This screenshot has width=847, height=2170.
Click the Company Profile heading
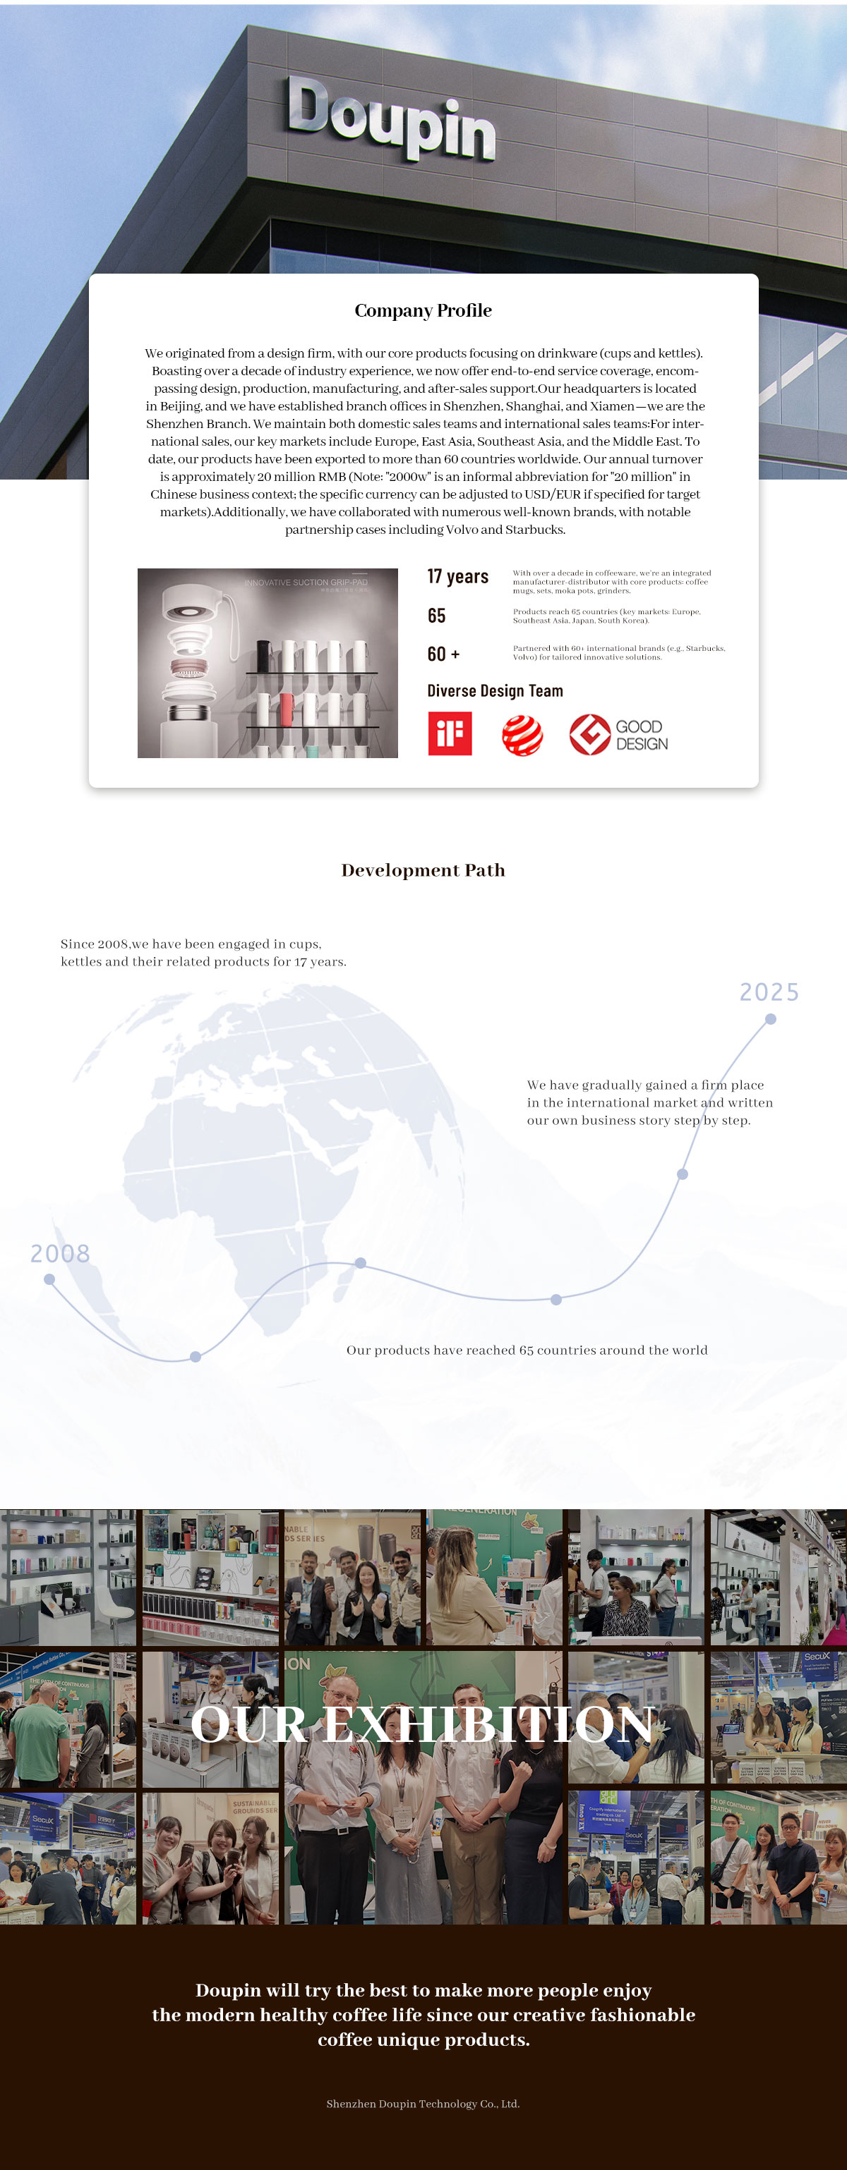click(x=423, y=311)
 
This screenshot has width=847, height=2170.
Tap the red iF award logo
click(x=449, y=733)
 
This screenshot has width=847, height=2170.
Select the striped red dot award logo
click(x=522, y=736)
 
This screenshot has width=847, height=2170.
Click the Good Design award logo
click(x=618, y=735)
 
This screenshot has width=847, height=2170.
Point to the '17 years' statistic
click(x=457, y=576)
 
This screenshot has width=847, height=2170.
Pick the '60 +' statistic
click(x=443, y=654)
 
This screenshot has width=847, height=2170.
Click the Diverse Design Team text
click(x=495, y=690)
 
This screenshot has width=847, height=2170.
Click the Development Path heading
click(x=423, y=870)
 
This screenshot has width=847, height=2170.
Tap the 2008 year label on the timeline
click(x=60, y=1253)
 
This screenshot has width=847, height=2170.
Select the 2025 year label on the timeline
click(x=769, y=992)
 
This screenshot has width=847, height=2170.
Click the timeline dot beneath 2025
click(x=770, y=1019)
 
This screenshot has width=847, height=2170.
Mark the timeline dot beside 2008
click(x=49, y=1279)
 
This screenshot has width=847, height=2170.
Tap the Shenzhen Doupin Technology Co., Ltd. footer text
click(x=423, y=2104)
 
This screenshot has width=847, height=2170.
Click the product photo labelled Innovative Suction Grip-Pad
click(x=268, y=663)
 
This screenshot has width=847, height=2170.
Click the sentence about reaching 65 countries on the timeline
click(x=527, y=1351)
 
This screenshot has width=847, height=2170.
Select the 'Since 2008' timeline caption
click(x=203, y=953)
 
